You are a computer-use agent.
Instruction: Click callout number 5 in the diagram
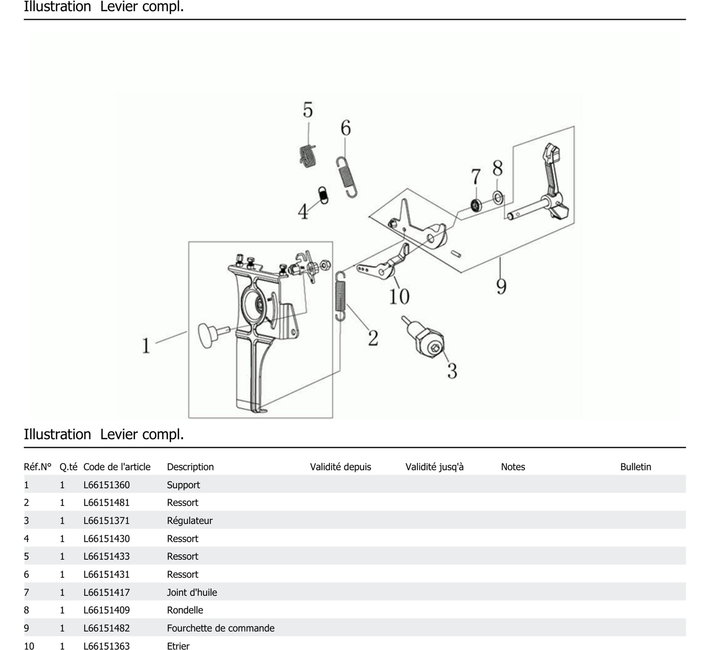pyautogui.click(x=308, y=110)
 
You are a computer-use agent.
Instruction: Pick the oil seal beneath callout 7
pyautogui.click(x=476, y=205)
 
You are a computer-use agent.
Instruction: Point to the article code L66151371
pyautogui.click(x=106, y=521)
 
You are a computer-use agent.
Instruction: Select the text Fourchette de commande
pyautogui.click(x=221, y=628)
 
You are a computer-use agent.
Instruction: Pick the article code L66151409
pyautogui.click(x=106, y=610)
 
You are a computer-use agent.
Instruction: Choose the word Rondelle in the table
pyautogui.click(x=185, y=610)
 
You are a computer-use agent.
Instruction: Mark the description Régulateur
pyautogui.click(x=189, y=521)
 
